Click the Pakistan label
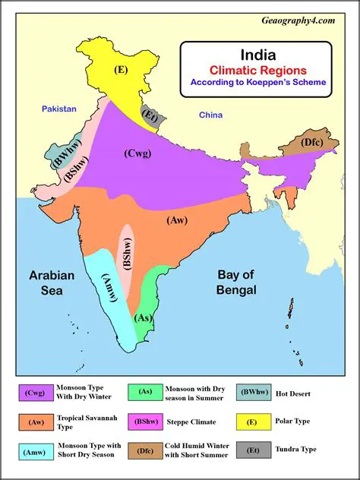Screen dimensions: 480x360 point(59,109)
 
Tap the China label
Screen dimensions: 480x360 point(210,115)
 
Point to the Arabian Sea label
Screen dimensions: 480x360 point(52,283)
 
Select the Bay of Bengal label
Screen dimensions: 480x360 point(236,282)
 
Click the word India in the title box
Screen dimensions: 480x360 point(257,55)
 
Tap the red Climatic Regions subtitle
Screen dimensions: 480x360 point(257,70)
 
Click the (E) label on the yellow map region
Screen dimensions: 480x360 point(120,69)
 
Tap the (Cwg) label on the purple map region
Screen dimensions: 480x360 point(137,153)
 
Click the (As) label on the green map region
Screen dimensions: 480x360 point(143,317)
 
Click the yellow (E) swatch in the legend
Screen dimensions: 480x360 point(251,421)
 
